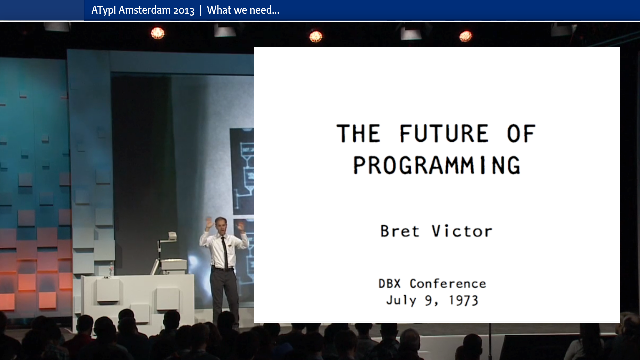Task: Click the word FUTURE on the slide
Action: point(444,133)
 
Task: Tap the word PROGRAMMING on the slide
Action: point(437,165)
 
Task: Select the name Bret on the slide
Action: point(400,231)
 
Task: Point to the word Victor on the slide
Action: point(462,231)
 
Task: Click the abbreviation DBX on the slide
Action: point(389,284)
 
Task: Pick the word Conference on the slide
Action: point(448,284)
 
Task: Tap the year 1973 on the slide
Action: point(464,300)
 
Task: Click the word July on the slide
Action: point(401,300)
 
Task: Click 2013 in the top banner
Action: point(184,11)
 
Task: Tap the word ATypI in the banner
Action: point(104,10)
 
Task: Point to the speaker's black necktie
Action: point(225,253)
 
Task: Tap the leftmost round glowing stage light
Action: point(158,33)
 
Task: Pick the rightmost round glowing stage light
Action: point(465,36)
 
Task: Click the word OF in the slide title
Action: point(521,133)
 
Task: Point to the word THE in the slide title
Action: point(358,133)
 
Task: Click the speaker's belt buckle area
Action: point(226,269)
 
